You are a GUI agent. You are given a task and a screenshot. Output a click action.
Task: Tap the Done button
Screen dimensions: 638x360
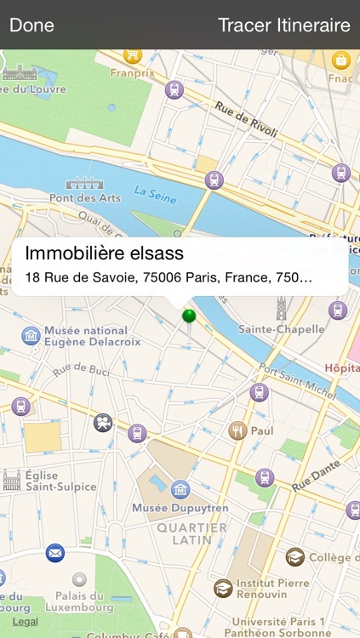tap(31, 25)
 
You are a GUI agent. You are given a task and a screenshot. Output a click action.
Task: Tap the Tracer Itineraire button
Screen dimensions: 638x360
tap(283, 25)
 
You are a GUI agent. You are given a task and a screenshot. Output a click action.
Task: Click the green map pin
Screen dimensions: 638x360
tap(189, 317)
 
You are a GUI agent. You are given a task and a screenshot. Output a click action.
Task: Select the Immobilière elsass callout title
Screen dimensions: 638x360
tap(105, 253)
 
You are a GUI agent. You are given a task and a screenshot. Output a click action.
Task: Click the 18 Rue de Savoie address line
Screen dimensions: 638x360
tap(169, 277)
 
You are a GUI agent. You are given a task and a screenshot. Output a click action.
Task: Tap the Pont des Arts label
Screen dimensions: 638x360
tap(85, 197)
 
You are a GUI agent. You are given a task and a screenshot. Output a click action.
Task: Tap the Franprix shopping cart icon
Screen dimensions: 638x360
tap(132, 55)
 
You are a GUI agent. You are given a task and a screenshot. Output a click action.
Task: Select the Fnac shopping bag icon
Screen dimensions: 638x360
tap(341, 60)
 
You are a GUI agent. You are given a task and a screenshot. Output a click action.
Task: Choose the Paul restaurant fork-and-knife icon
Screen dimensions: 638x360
tap(237, 430)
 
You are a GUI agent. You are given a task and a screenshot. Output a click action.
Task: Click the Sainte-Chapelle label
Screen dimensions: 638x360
tap(282, 329)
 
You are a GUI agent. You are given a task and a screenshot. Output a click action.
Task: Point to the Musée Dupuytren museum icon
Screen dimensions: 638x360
tap(180, 489)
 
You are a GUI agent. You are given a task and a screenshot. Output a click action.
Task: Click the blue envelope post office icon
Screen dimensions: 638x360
tap(55, 552)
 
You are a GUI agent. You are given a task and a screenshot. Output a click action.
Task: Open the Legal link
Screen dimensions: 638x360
tap(25, 622)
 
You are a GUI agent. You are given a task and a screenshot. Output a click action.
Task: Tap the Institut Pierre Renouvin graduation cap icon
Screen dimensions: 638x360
tap(223, 588)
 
